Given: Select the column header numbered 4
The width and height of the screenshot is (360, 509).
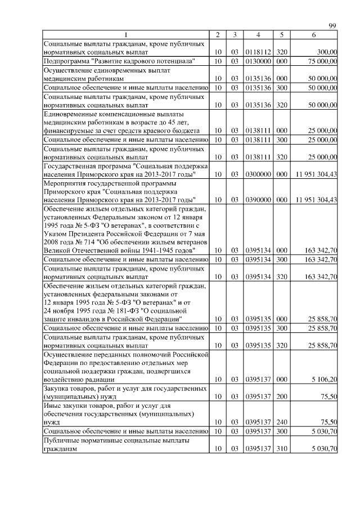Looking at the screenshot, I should click(x=258, y=35).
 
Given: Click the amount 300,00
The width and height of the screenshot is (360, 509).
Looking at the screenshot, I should click(x=327, y=52).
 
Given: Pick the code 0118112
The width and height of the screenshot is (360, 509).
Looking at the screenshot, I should click(x=256, y=52).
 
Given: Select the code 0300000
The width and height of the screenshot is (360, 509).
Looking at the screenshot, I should click(x=256, y=175).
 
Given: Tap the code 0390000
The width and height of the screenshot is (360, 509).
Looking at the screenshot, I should click(x=256, y=200).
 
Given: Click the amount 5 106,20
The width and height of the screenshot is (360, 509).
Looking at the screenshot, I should click(x=325, y=380).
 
